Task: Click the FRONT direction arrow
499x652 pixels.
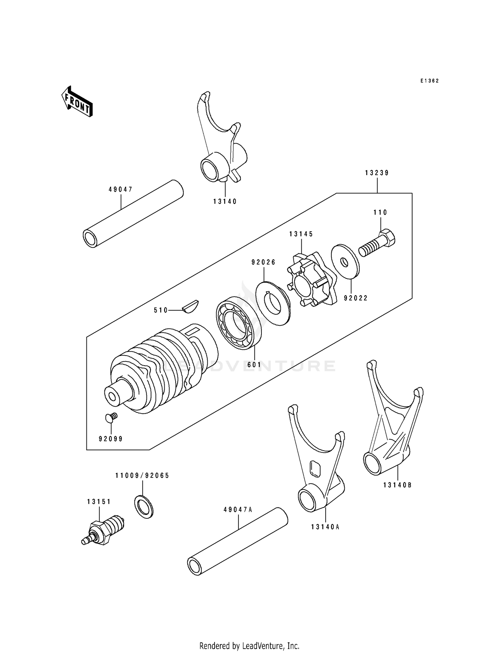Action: coord(77,102)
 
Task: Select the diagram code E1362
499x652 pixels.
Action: coord(429,81)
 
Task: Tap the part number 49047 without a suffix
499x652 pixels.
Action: coord(120,189)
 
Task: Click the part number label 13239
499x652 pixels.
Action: coord(377,173)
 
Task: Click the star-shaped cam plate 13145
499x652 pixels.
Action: coord(311,279)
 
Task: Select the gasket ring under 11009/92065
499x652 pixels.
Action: coord(144,507)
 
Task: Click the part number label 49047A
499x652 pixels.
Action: coord(238,509)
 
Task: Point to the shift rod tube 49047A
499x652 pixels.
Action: coord(238,541)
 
